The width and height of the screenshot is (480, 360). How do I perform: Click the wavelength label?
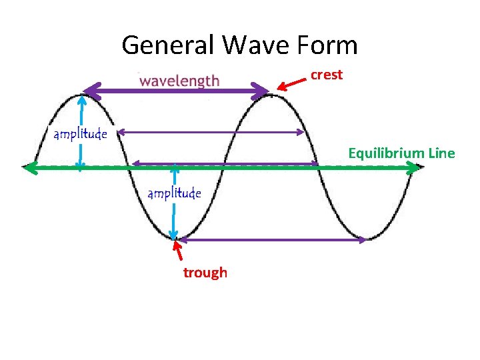tap(179, 81)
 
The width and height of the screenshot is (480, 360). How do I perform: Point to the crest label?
tap(326, 75)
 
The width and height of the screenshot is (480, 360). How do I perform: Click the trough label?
tap(205, 273)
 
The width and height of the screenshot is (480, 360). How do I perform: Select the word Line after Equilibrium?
tap(441, 154)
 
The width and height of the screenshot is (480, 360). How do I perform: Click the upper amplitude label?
tap(80, 134)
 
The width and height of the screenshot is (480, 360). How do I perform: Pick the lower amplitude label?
tap(174, 193)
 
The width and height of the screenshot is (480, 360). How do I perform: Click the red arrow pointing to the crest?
tap(291, 83)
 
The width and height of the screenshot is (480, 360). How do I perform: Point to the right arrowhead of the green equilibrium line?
tap(415, 168)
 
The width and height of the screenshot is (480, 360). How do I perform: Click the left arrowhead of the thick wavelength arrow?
tap(89, 91)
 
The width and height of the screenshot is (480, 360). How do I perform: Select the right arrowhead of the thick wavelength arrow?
tap(261, 91)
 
